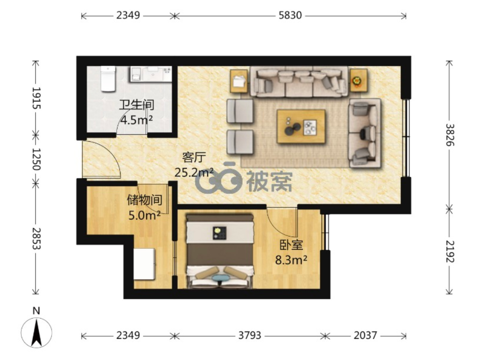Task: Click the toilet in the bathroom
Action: (x=108, y=79)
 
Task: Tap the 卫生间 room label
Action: (x=137, y=105)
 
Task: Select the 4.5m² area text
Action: (x=137, y=120)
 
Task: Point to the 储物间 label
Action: (x=145, y=200)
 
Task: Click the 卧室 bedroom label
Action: (x=291, y=245)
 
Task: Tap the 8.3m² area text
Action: (x=291, y=260)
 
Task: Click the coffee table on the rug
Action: (x=301, y=126)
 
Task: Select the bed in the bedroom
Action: (x=220, y=251)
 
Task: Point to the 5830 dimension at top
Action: (x=290, y=15)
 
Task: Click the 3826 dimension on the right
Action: (x=449, y=135)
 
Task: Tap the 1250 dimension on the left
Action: (x=36, y=159)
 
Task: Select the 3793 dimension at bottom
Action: (x=249, y=336)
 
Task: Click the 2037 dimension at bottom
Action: (x=365, y=336)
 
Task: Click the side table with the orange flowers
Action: (x=358, y=81)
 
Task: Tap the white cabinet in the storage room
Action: (x=145, y=264)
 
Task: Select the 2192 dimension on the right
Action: (x=449, y=251)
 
